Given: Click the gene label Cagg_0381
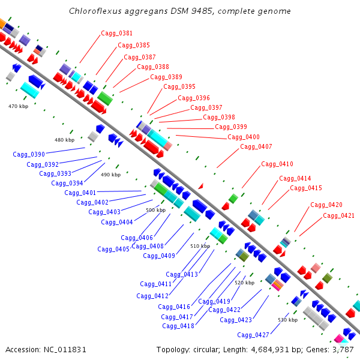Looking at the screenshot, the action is point(116,33).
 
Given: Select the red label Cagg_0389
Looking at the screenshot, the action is point(166,77).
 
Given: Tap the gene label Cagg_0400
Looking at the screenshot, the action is point(244,137).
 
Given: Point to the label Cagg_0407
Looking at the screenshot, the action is point(256,146).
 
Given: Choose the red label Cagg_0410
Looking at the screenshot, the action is point(277,164).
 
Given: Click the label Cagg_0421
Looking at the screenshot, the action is point(338,215).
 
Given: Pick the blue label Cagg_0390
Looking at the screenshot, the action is point(29,154).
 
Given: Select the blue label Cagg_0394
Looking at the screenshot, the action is point(67,183).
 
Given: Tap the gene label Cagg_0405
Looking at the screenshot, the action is point(113,249).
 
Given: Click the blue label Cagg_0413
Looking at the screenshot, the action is point(182,274).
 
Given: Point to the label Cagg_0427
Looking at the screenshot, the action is point(253,335).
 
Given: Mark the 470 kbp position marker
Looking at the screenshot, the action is point(19,106).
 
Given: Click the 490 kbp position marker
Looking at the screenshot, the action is point(110,175).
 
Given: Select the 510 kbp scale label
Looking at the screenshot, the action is point(200,246).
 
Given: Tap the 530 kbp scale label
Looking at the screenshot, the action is point(287,320).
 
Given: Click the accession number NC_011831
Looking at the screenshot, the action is point(65,350).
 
